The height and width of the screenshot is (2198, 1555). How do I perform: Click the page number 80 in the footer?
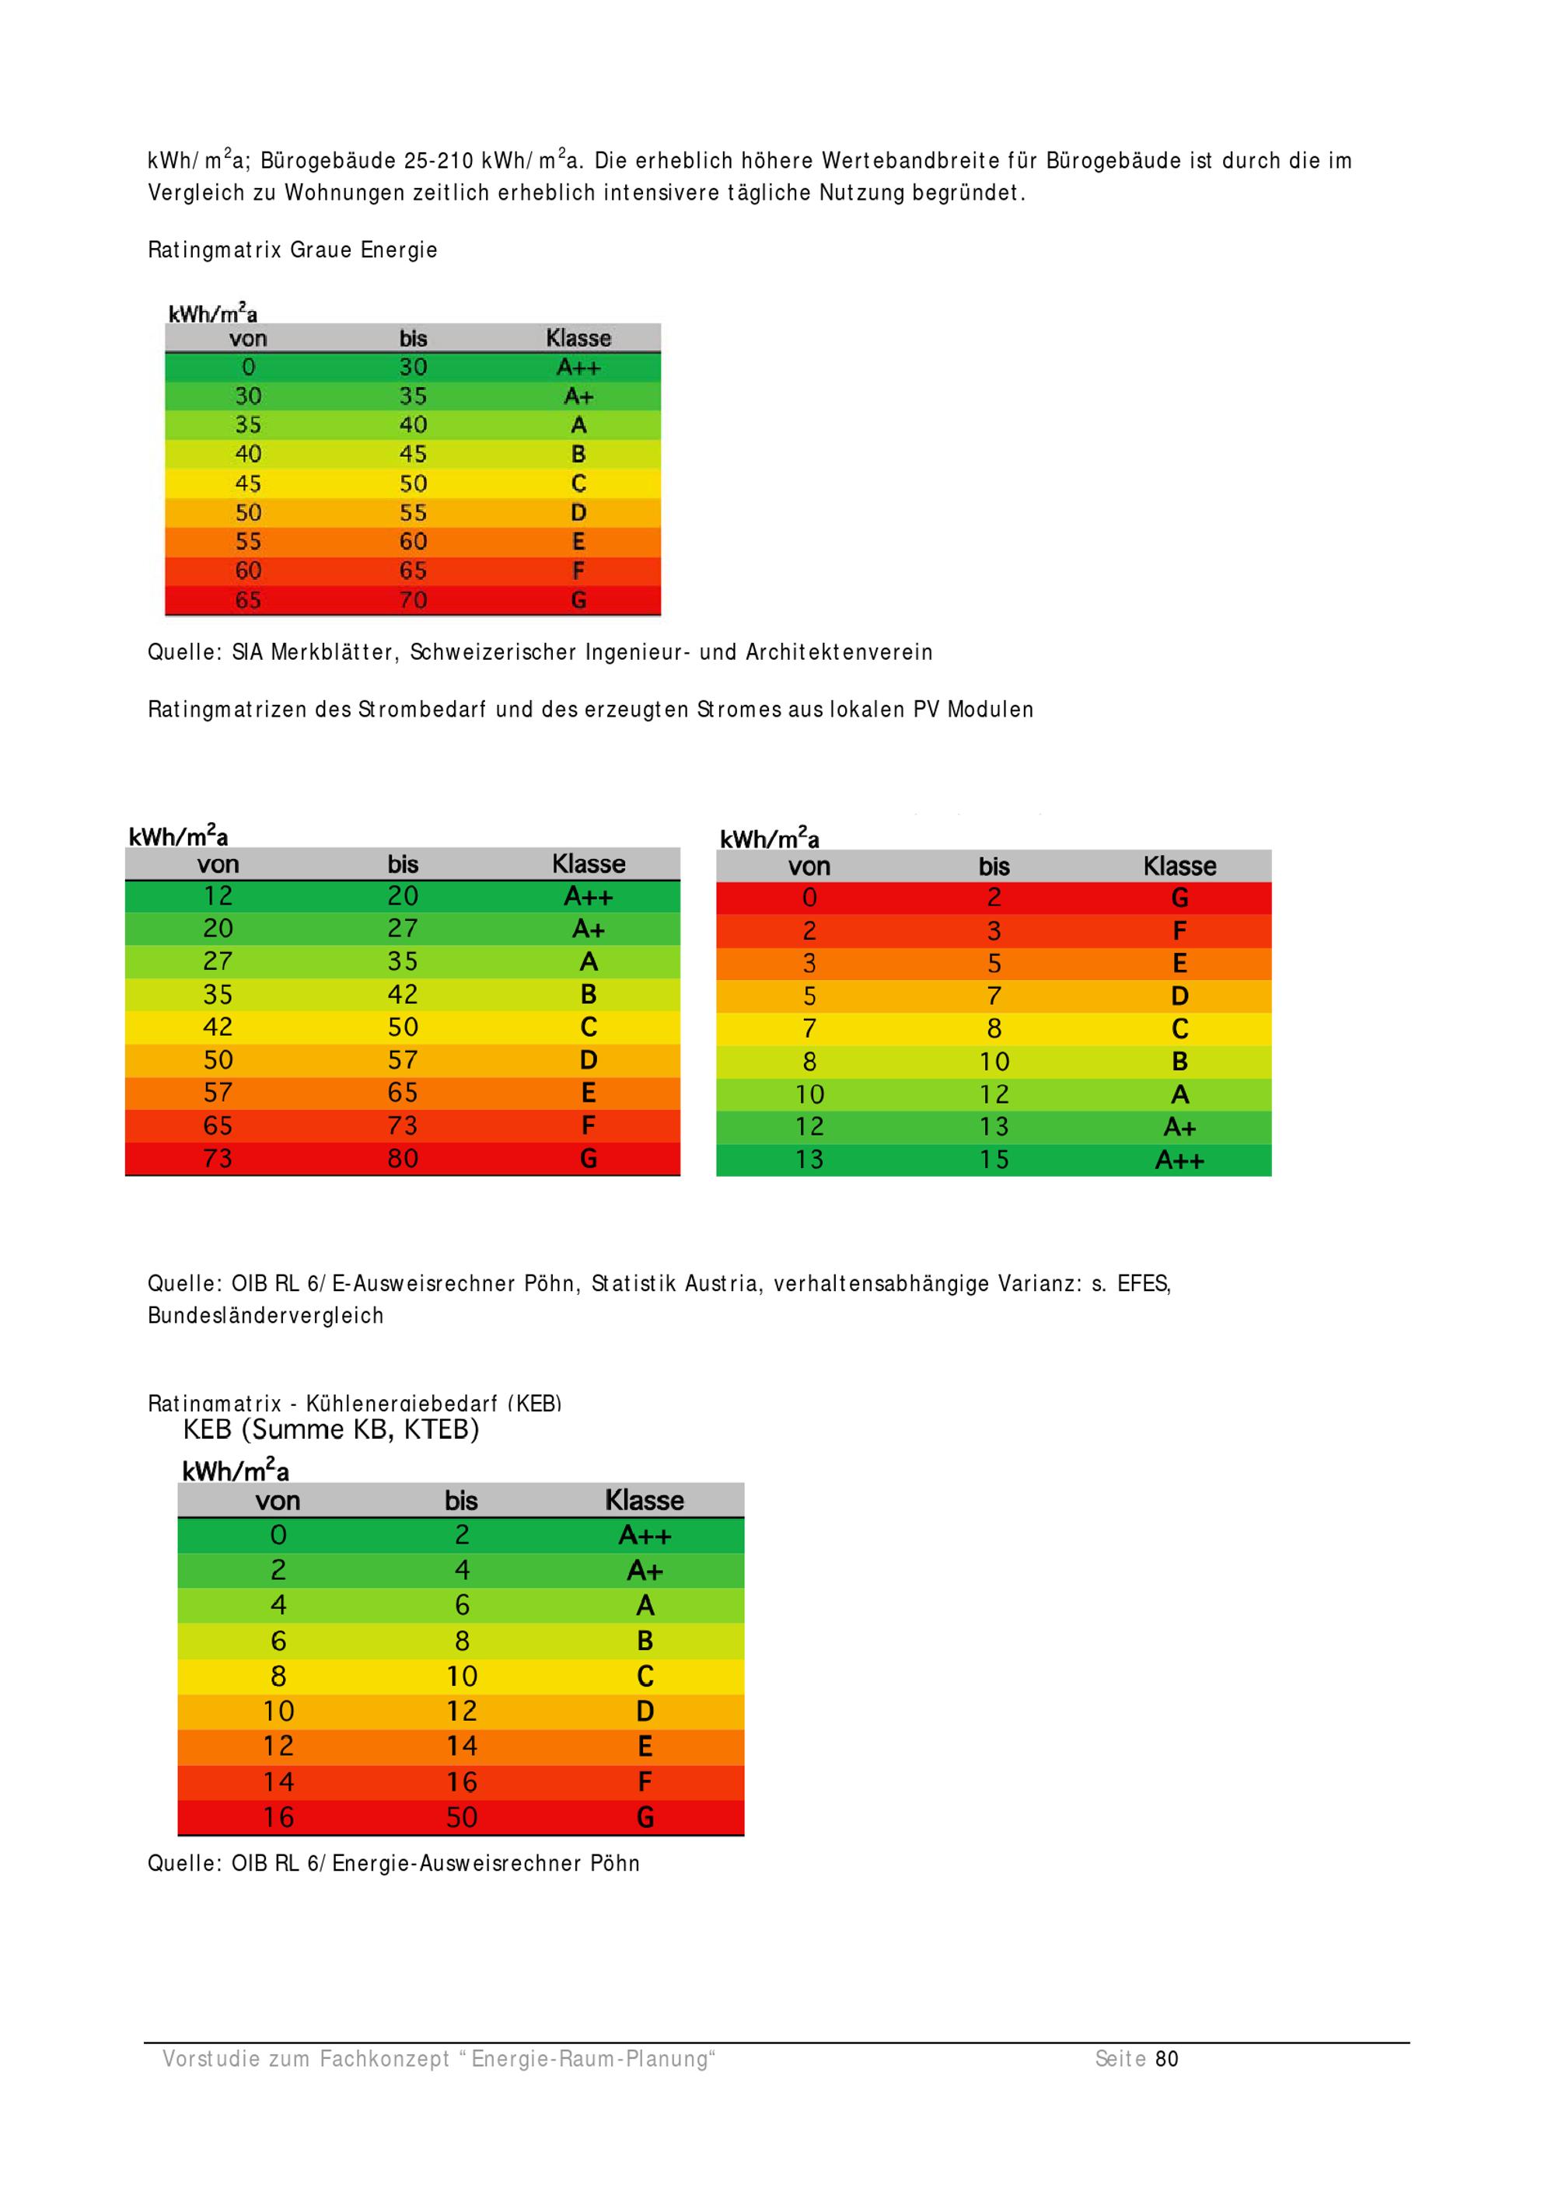(x=1166, y=2058)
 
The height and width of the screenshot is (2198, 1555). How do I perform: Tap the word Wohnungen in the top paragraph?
(x=344, y=193)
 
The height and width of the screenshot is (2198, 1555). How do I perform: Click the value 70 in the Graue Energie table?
(x=413, y=600)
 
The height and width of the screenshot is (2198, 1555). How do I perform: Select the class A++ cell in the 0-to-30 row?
(x=578, y=368)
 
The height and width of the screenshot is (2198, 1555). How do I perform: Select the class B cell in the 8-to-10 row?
(x=1179, y=1062)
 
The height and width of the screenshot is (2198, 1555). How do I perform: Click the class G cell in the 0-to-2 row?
(x=1179, y=898)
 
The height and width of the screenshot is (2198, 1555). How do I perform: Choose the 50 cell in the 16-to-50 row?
(x=462, y=1817)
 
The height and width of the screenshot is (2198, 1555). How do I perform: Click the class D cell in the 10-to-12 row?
(x=645, y=1711)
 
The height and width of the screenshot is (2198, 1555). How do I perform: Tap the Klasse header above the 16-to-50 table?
(x=645, y=1500)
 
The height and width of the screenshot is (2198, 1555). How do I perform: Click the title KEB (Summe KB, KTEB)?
(x=330, y=1430)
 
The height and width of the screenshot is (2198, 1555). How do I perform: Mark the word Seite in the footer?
(x=1120, y=2058)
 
